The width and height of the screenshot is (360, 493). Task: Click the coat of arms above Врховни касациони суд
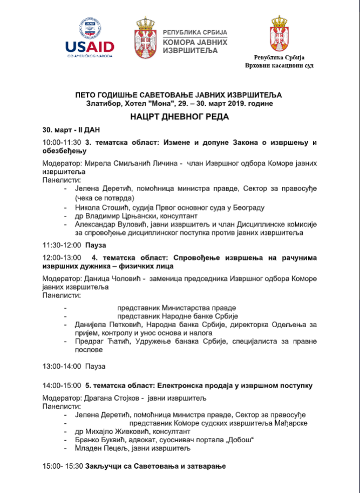click(279, 33)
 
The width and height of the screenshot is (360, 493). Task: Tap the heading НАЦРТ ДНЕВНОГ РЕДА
click(179, 117)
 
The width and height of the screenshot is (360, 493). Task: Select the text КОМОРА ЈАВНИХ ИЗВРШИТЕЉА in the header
click(195, 46)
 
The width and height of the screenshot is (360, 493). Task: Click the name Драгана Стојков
click(114, 398)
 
